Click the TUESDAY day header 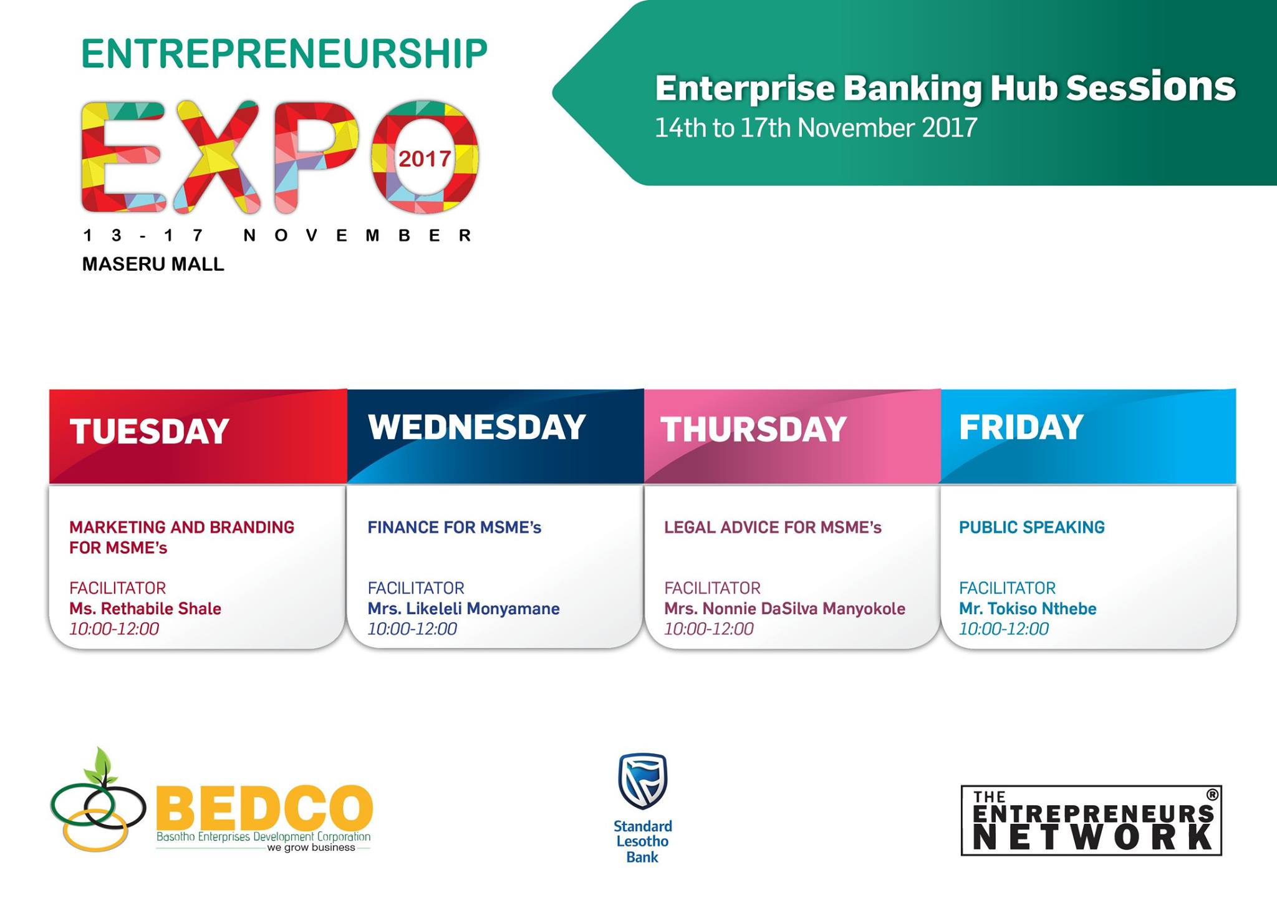[149, 431]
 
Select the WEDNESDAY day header [477, 427]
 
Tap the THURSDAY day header [753, 429]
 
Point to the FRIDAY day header [1021, 427]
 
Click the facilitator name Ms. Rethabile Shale [145, 609]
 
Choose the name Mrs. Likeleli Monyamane [463, 609]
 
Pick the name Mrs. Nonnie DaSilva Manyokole [784, 609]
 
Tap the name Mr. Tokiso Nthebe [1028, 609]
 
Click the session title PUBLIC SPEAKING [1032, 528]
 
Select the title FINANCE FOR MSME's [454, 528]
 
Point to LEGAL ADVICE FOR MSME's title [773, 528]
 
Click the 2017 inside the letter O [425, 159]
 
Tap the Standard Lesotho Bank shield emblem [643, 781]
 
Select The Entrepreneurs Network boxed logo [1091, 820]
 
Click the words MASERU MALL [153, 264]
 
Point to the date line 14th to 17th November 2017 [816, 128]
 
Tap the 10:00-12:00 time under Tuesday [114, 629]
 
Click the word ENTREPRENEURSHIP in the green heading [284, 54]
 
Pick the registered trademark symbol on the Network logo [1212, 795]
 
